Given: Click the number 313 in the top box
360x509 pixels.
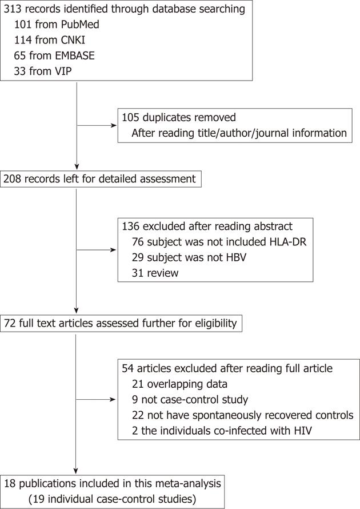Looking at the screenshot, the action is coord(13,9).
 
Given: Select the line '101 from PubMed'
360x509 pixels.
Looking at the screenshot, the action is coord(57,25).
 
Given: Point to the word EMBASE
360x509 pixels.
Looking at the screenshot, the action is coord(74,55).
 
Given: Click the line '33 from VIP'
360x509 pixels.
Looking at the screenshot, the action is coord(42,71).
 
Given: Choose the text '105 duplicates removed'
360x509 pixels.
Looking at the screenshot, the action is coord(179,117).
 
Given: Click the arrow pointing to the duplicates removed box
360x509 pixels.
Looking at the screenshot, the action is coord(97,125).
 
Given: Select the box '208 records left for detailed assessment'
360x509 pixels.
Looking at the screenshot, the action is coord(101,179).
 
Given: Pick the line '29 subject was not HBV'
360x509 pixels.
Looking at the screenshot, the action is coord(189,257).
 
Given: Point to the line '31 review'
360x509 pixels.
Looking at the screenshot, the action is coord(155,273).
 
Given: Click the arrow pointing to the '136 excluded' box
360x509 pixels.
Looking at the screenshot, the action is coord(97,250).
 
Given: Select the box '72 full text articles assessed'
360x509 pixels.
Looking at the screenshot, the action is coord(121,323).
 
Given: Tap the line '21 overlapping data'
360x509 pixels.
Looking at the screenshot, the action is coord(179,384).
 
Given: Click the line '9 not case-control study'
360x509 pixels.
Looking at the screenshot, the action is coord(190,400).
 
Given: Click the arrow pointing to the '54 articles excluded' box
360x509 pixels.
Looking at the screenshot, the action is coord(96,400).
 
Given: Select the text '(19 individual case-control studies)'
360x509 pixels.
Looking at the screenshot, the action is coord(112,499).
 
